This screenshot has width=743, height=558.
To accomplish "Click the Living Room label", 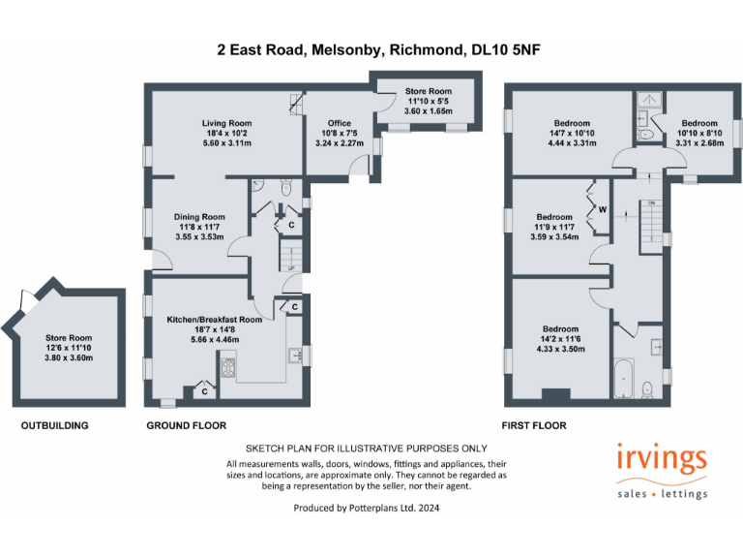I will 226,123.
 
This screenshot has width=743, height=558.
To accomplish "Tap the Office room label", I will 339,123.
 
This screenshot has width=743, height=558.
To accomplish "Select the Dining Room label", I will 199,217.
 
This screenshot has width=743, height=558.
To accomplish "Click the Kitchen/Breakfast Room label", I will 214,320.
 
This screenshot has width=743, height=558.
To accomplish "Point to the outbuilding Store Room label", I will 67,338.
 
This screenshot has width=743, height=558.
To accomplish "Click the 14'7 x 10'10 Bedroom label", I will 571,123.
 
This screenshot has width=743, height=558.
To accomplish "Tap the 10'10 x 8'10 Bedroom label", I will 698,123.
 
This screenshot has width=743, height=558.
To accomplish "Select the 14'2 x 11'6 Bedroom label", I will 561,328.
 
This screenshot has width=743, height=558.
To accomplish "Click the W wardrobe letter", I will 602,209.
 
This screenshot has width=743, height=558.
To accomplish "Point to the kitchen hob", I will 230,367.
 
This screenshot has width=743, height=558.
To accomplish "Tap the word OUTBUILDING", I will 55,425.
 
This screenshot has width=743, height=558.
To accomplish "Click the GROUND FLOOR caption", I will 186,425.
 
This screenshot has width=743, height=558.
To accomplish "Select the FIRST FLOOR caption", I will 533,425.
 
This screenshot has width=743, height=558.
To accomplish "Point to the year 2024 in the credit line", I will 431,507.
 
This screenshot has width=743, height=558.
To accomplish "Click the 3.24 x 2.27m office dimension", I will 339,143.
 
